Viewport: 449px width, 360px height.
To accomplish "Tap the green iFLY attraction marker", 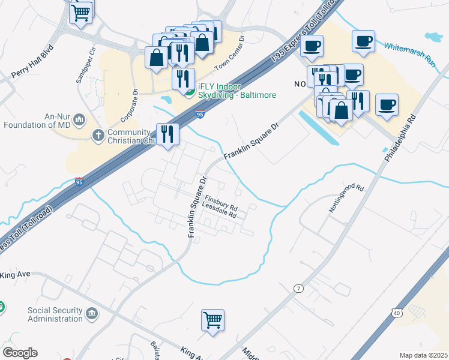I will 189,92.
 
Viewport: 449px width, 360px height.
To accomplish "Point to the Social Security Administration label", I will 55,314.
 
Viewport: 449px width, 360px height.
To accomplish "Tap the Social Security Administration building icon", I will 92,313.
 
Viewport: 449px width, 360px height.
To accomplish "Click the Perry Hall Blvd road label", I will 32,62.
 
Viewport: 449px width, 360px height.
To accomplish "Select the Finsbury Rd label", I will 221,199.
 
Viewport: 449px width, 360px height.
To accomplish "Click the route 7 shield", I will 298,289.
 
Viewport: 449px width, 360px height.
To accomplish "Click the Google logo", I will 20,353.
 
